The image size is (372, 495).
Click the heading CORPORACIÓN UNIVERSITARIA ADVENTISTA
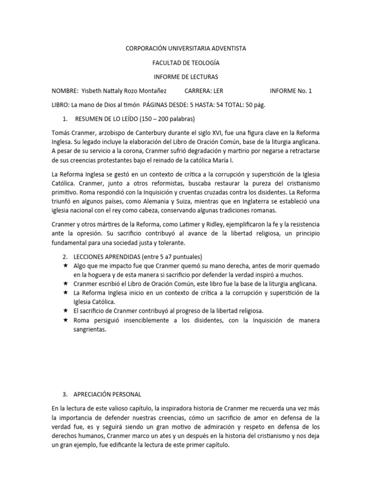click(186, 49)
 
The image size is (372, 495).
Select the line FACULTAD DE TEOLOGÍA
click(186, 63)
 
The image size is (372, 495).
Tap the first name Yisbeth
click(93, 91)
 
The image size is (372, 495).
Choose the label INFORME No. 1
click(291, 91)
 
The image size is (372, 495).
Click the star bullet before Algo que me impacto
click(65, 266)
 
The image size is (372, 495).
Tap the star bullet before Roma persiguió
click(65, 320)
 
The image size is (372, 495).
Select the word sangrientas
click(90, 330)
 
